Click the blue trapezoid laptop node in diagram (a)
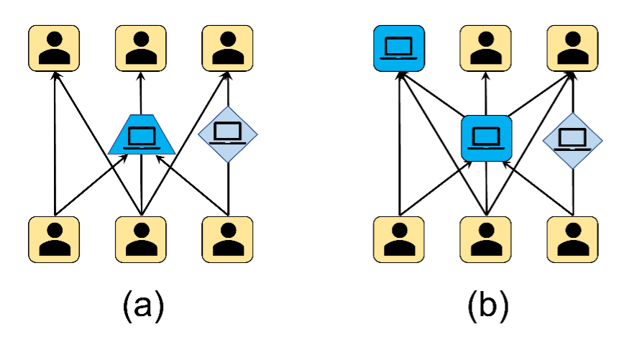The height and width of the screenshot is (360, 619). click(x=142, y=134)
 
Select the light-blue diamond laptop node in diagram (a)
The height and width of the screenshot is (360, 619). click(x=228, y=134)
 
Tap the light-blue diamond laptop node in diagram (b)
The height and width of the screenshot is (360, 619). click(x=573, y=141)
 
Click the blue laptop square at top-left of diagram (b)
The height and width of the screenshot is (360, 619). click(x=399, y=49)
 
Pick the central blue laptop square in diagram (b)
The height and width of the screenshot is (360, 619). click(x=486, y=139)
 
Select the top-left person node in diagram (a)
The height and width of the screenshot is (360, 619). click(x=54, y=49)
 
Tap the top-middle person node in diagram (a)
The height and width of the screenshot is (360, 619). click(x=141, y=49)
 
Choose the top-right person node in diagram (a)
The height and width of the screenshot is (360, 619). click(x=227, y=49)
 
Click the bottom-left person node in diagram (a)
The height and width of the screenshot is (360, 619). click(x=54, y=239)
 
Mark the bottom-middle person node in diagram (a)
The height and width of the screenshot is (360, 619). click(x=141, y=239)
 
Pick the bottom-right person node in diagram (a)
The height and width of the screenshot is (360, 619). click(x=227, y=239)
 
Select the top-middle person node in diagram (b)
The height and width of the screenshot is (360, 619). click(x=485, y=49)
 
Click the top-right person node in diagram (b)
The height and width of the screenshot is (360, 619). click(x=572, y=49)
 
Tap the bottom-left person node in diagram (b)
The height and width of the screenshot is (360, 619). click(x=399, y=239)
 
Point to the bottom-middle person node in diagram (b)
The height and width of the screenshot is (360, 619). click(x=485, y=239)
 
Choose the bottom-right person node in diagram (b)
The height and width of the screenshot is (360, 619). click(x=572, y=239)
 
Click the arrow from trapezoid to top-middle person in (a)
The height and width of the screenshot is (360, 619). click(x=141, y=93)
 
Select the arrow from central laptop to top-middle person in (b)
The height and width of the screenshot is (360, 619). click(x=486, y=93)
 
